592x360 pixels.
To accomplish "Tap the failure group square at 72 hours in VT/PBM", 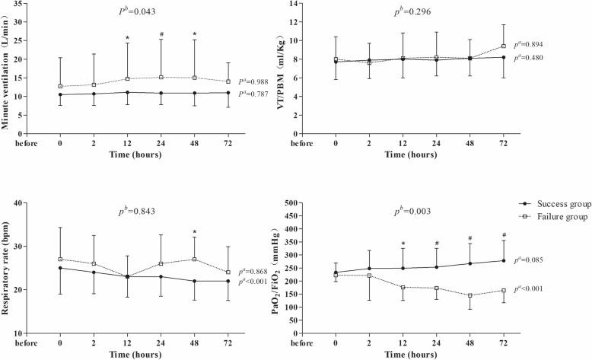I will (503, 46).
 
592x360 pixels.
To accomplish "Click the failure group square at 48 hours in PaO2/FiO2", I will (469, 295).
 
